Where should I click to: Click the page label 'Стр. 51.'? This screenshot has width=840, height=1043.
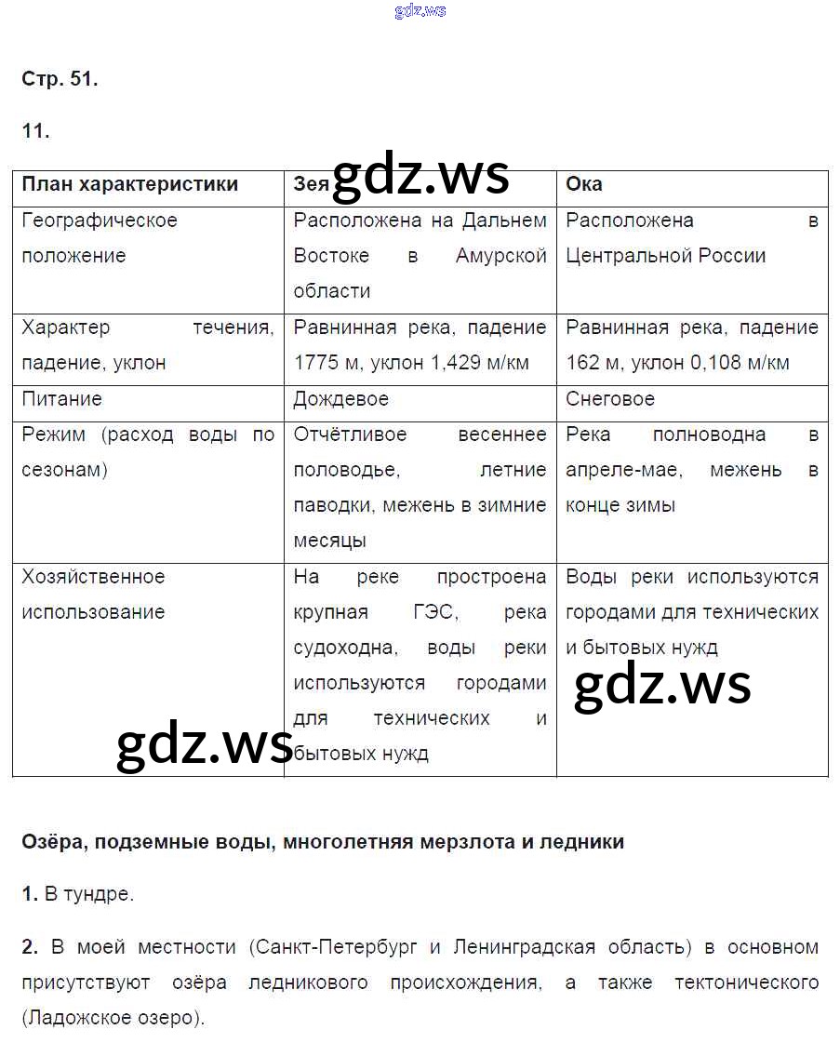(60, 80)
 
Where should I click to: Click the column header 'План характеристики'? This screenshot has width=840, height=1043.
(129, 184)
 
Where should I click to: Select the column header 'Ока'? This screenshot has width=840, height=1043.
(583, 184)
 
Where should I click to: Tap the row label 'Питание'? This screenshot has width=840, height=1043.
(61, 399)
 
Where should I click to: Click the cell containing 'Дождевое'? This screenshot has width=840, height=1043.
(340, 399)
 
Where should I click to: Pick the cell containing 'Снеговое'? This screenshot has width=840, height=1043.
(610, 399)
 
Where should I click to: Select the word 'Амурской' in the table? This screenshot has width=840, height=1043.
(500, 256)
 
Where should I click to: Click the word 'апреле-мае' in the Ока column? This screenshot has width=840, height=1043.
(623, 470)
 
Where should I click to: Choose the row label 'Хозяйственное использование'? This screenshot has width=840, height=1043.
(93, 594)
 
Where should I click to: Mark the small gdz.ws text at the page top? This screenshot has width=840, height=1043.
(420, 10)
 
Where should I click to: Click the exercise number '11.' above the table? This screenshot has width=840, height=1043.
(35, 131)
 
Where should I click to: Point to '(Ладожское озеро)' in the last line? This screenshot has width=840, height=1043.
(113, 1018)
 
